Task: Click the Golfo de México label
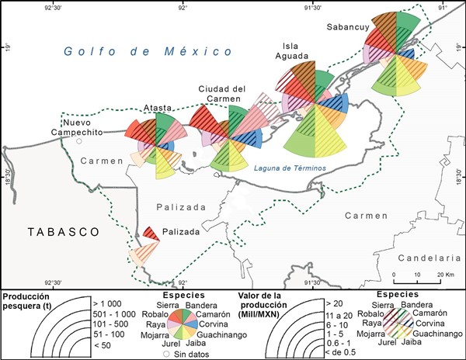click(148, 51)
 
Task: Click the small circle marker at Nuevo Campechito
click(78, 141)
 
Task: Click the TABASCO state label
click(51, 232)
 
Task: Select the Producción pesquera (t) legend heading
click(36, 301)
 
